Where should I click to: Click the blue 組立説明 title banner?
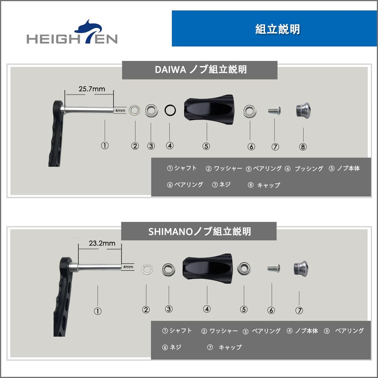tap(274, 29)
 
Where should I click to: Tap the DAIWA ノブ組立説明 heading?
tap(199, 70)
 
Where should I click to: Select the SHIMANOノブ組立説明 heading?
tap(199, 231)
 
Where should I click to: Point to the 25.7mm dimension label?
tap(92, 89)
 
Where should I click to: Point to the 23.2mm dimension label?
tap(102, 243)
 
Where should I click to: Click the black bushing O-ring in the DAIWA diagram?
tap(170, 110)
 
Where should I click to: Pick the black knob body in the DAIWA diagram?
tap(208, 110)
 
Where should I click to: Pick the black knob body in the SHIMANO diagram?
tap(207, 269)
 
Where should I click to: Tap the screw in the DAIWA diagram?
tap(275, 110)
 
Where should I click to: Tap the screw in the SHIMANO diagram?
tap(273, 268)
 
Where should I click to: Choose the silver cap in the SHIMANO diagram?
tap(300, 268)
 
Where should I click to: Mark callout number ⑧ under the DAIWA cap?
tap(303, 147)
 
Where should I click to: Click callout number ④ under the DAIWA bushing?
tap(170, 145)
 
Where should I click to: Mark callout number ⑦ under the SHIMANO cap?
tap(299, 311)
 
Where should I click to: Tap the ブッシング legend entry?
tap(304, 169)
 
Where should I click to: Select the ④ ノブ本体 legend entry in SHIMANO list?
tap(302, 331)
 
